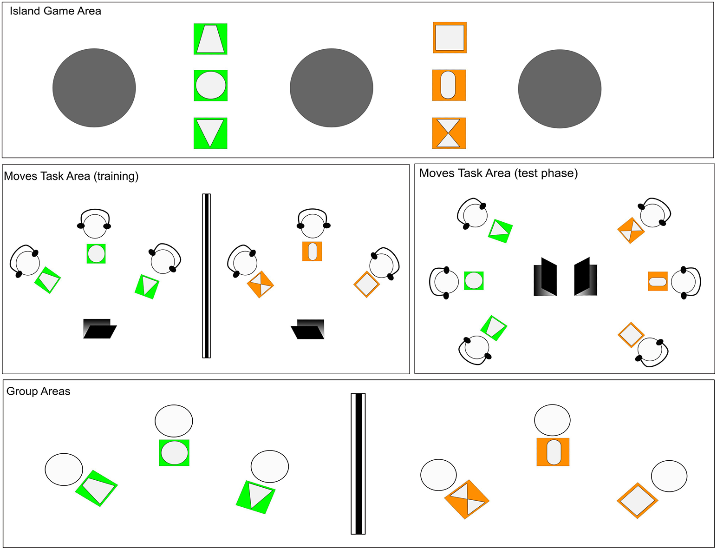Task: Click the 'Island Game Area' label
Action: coord(55,11)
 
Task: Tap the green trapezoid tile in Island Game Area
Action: coord(210,39)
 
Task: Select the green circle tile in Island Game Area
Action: coord(210,86)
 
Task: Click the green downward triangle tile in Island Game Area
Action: coord(210,133)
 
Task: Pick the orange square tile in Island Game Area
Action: coord(450,38)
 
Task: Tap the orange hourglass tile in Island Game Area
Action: coord(449,133)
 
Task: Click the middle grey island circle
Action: coord(331,88)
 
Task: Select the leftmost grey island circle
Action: coord(94,88)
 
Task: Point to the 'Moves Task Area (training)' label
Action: coord(71,176)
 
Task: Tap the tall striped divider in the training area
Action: coord(206,276)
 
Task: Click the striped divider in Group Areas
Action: coord(358,464)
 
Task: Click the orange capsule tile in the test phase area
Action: coord(658,281)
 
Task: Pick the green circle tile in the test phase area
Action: coord(474,281)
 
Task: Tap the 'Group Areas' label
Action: coord(38,391)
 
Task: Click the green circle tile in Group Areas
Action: coord(174,453)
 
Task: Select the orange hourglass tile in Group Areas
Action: coord(466,499)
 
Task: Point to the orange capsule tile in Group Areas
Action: coord(553,452)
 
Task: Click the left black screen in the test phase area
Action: coord(546,277)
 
